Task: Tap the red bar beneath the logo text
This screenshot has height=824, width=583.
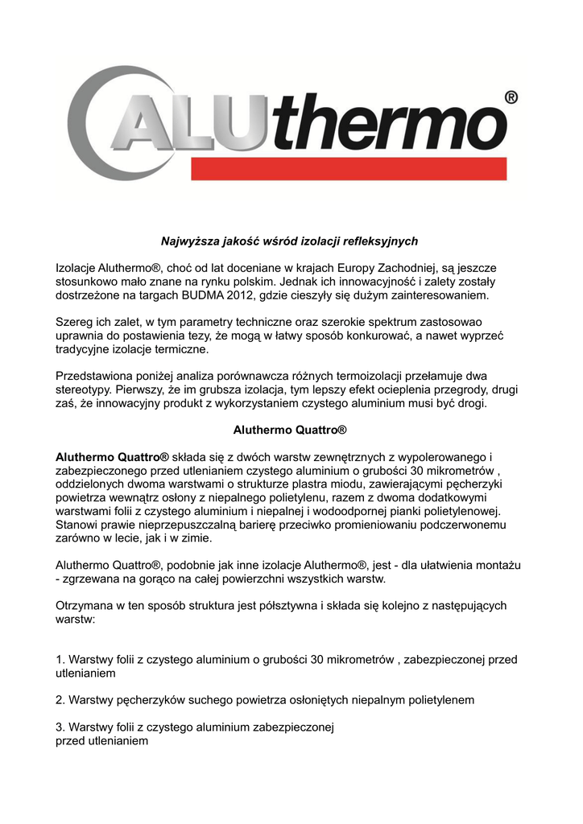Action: pyautogui.click(x=348, y=169)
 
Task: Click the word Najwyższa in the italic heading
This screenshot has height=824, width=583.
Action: pyautogui.click(x=187, y=241)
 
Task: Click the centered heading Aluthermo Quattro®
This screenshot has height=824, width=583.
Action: pyautogui.click(x=289, y=431)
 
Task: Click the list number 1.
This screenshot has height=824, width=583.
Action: pyautogui.click(x=60, y=660)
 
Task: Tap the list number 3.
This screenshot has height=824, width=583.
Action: pyautogui.click(x=60, y=727)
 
